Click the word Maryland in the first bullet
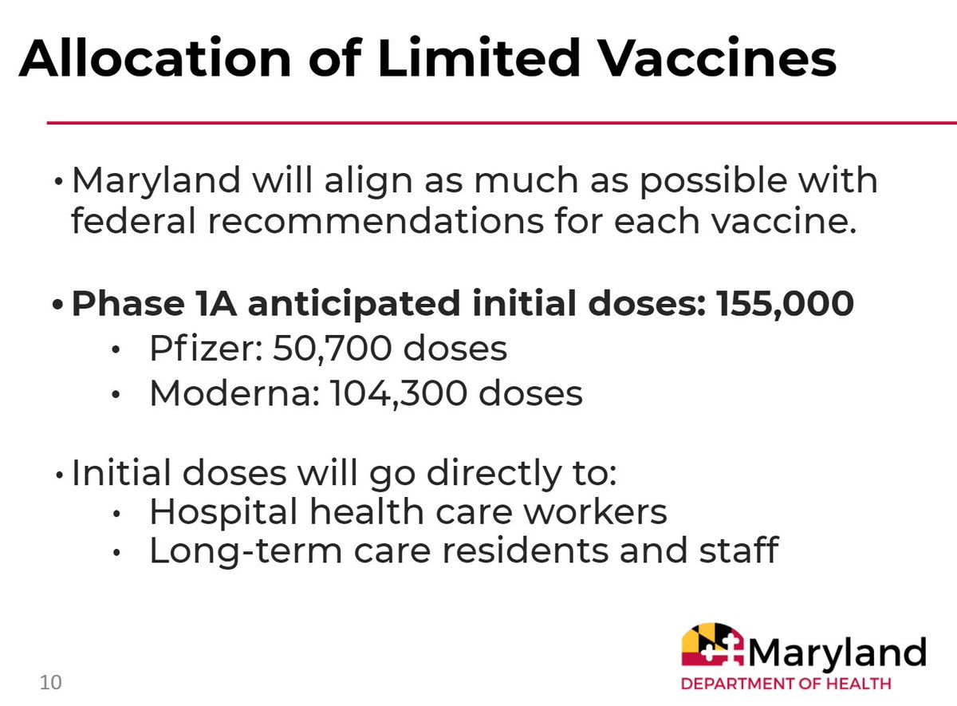click(156, 182)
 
